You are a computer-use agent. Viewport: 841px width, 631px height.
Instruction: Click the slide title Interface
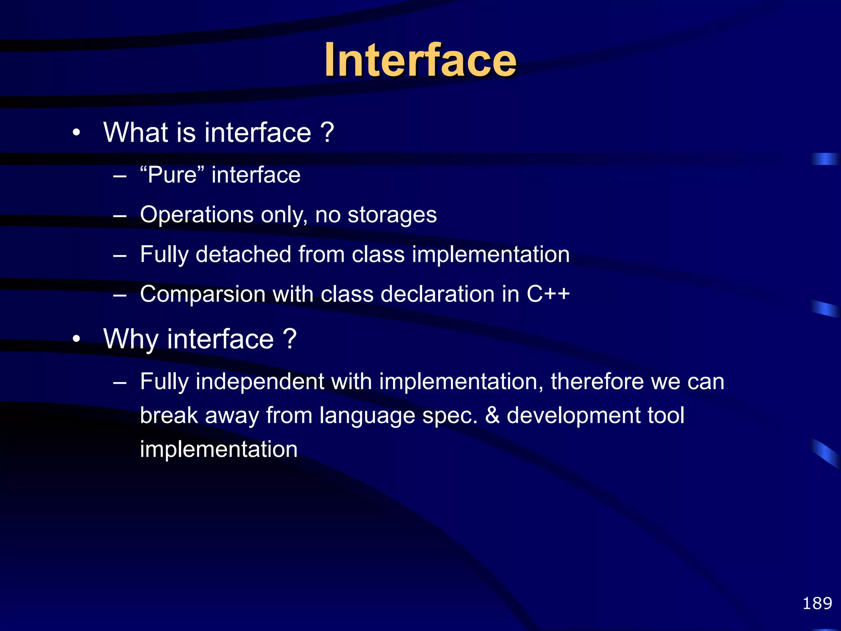pyautogui.click(x=420, y=61)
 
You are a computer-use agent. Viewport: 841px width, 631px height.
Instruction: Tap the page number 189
pyautogui.click(x=817, y=603)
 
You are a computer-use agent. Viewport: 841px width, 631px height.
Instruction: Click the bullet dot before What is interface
pyautogui.click(x=76, y=133)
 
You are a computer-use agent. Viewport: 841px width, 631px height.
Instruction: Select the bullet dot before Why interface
pyautogui.click(x=76, y=340)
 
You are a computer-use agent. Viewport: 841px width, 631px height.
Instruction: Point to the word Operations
pyautogui.click(x=197, y=215)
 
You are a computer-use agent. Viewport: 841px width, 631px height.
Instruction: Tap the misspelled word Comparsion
pyautogui.click(x=202, y=295)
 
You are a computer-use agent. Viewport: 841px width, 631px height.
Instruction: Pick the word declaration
pyautogui.click(x=437, y=294)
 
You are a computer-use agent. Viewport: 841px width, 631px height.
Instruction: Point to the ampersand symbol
pyautogui.click(x=492, y=415)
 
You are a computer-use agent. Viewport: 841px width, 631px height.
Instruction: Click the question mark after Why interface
pyautogui.click(x=290, y=339)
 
